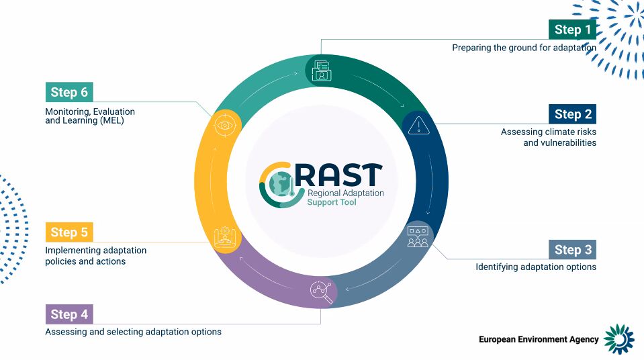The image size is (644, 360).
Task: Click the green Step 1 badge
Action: pyautogui.click(x=572, y=30)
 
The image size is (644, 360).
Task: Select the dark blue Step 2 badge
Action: pyautogui.click(x=572, y=114)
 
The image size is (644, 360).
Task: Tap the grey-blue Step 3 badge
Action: pyautogui.click(x=572, y=249)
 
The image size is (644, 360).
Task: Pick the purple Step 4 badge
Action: pyautogui.click(x=69, y=314)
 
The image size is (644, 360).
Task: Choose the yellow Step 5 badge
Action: pyautogui.click(x=69, y=232)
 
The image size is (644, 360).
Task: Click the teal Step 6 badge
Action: pyautogui.click(x=69, y=92)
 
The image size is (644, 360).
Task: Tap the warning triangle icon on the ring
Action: pyautogui.click(x=418, y=126)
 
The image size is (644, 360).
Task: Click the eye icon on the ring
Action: pyautogui.click(x=225, y=125)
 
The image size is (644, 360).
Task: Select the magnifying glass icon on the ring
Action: pyautogui.click(x=321, y=291)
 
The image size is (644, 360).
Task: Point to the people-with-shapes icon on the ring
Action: pyautogui.click(x=418, y=236)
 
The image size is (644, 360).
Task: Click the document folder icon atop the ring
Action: pyautogui.click(x=321, y=71)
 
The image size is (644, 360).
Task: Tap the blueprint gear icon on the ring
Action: pyautogui.click(x=225, y=237)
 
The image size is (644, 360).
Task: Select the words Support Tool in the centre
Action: pyautogui.click(x=332, y=202)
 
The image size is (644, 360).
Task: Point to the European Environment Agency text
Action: pyautogui.click(x=539, y=339)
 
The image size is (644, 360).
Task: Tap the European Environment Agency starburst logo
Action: pyautogui.click(x=619, y=339)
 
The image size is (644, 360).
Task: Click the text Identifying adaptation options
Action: pyautogui.click(x=536, y=267)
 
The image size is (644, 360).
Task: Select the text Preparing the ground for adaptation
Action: pyautogui.click(x=524, y=48)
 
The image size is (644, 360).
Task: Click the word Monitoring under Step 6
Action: pyautogui.click(x=67, y=111)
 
